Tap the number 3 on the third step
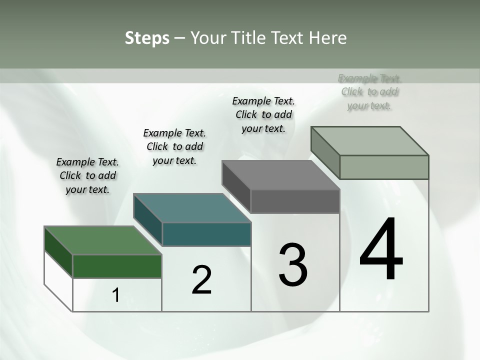(293, 265)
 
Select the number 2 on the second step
(202, 279)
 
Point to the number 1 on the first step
(116, 295)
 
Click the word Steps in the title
(147, 38)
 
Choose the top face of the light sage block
(369, 141)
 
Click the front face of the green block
(117, 266)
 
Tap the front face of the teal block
(206, 234)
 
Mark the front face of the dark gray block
(295, 201)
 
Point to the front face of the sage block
(384, 167)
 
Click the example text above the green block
(87, 175)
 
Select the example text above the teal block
(174, 146)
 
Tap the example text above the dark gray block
(263, 114)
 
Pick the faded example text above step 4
(369, 91)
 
